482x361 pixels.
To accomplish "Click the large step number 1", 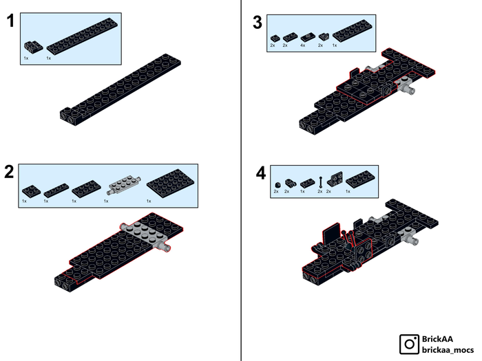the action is point(11,21).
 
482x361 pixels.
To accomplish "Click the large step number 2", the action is point(9,172).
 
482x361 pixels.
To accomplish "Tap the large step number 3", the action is point(258,23).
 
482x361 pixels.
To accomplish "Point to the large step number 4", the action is point(261,173).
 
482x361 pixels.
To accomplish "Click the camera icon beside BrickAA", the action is point(409,344).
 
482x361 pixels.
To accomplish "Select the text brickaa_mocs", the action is point(448,350).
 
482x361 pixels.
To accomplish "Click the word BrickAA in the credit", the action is point(437,339).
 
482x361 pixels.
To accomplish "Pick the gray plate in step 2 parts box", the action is point(124,185).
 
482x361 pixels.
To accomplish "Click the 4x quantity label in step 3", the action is point(303,45).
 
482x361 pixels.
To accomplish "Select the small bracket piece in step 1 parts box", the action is point(34,47).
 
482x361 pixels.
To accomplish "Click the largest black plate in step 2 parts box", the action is point(170,184).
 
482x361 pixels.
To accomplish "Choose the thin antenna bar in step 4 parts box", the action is point(321,182).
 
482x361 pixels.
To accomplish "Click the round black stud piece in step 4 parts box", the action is point(277,185).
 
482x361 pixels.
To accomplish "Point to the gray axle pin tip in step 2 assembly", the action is point(167,248).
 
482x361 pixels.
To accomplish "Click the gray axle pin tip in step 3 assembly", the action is point(411,90).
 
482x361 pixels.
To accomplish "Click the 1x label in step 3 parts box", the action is point(335,45).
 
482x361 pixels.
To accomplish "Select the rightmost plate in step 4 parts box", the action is point(360,179).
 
